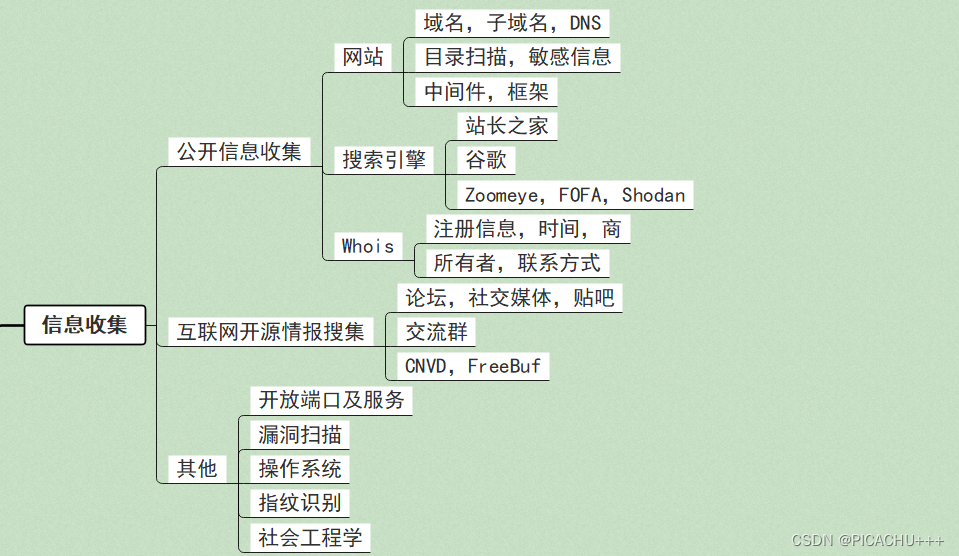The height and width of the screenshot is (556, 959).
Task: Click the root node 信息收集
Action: pos(85,325)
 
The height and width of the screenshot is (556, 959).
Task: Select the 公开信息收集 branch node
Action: pos(239,152)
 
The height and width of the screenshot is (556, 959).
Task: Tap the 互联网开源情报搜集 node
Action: pos(270,332)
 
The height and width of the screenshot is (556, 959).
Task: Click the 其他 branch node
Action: pos(197,468)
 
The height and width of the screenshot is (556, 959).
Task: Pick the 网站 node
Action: pos(363,57)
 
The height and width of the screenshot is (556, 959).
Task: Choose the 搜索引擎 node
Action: pos(384,159)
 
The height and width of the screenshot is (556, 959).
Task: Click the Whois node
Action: pos(367,246)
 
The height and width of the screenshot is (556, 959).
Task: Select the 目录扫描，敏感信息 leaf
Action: pos(517,57)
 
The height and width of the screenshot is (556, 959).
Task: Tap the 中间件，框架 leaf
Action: pos(486,92)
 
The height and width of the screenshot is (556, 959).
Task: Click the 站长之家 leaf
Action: pos(506,126)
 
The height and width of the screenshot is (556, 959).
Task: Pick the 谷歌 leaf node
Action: pos(486,160)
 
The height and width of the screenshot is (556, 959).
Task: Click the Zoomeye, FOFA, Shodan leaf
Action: pos(575,195)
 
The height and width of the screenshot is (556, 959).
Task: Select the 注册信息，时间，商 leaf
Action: pos(527,229)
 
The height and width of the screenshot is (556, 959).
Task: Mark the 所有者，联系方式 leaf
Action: pos(517,264)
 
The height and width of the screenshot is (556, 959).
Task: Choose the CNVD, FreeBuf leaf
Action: pos(473,366)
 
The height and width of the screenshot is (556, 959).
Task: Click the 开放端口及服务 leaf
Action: pos(331,400)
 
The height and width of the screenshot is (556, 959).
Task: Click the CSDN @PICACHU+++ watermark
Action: pos(867,540)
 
